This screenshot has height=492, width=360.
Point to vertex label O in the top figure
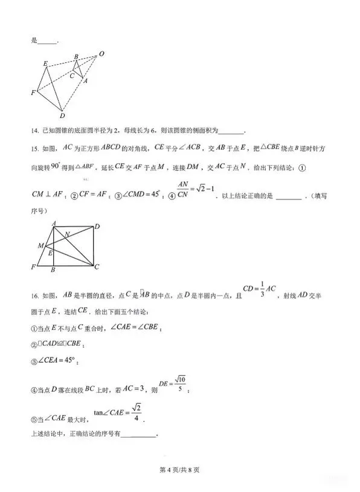[101, 54]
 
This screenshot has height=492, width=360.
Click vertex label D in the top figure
[62, 115]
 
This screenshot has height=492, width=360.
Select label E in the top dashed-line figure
[45, 63]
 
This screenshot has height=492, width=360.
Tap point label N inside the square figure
[67, 233]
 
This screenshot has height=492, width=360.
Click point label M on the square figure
[40, 245]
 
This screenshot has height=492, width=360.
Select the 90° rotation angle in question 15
[55, 166]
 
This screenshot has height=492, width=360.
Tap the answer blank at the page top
[48, 42]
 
